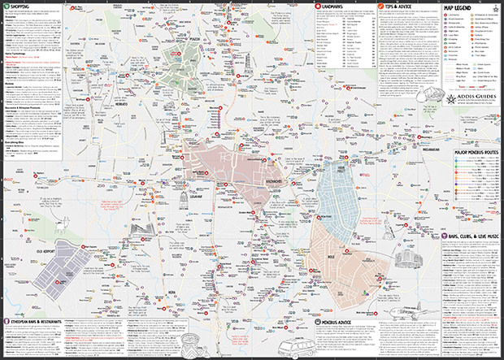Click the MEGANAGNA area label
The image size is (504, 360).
click(x=428, y=150)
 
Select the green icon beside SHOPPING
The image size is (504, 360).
click(x=6, y=7)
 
